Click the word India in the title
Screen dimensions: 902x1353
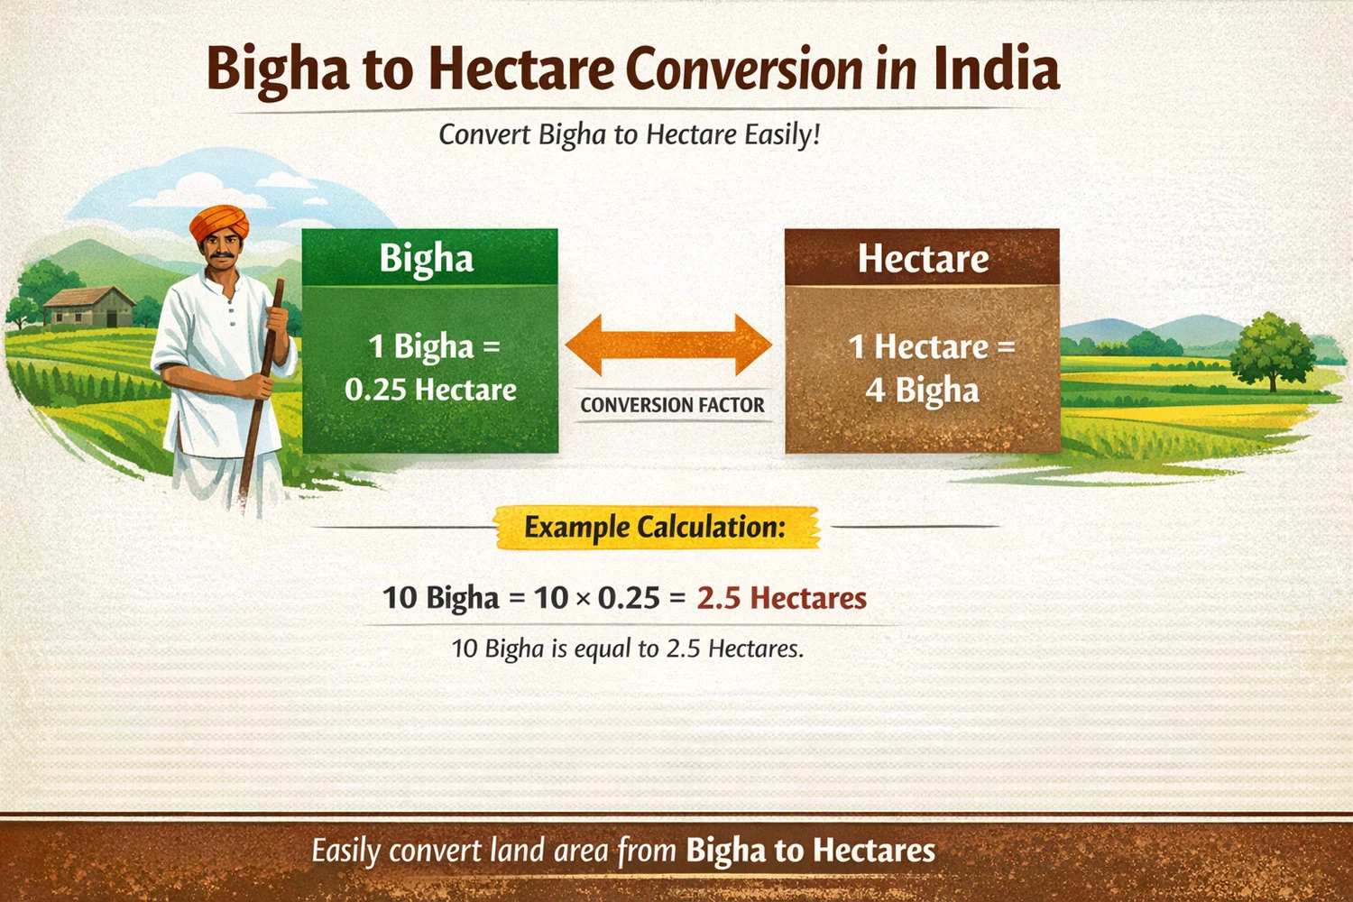pyautogui.click(x=996, y=69)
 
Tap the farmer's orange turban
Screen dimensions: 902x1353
pyautogui.click(x=219, y=221)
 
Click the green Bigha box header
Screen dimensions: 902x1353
pyautogui.click(x=429, y=258)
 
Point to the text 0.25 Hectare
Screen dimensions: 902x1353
pyautogui.click(x=430, y=390)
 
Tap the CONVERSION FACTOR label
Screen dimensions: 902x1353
pyautogui.click(x=672, y=405)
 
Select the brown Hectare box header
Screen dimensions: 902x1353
pyautogui.click(x=922, y=258)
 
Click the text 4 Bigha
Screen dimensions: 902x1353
pyautogui.click(x=922, y=390)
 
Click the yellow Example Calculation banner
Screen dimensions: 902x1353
pyautogui.click(x=656, y=527)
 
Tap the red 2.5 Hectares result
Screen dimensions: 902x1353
pyautogui.click(x=781, y=598)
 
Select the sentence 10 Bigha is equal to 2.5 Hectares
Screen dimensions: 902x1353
pyautogui.click(x=627, y=649)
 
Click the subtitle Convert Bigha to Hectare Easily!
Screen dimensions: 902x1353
pyautogui.click(x=629, y=134)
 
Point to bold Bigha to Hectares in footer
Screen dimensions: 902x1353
pyautogui.click(x=810, y=851)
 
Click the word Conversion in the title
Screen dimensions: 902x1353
pyautogui.click(x=744, y=69)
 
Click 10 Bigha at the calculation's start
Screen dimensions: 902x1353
pyautogui.click(x=440, y=598)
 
